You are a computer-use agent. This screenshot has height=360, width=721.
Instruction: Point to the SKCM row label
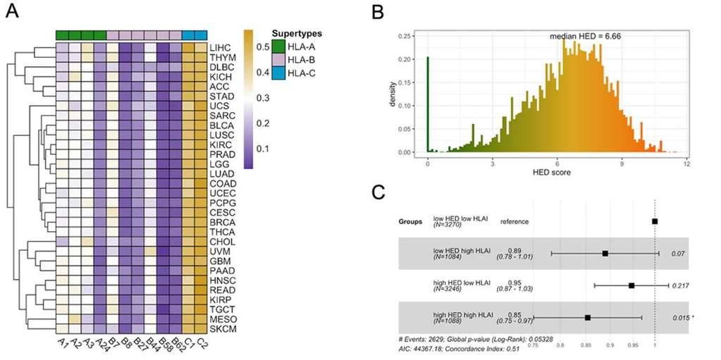[x=222, y=330]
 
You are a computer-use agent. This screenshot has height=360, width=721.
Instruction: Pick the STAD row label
[x=221, y=97]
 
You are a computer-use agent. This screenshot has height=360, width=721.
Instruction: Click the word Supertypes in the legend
[x=299, y=32]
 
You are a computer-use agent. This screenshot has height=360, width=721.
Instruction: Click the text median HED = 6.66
[x=584, y=36]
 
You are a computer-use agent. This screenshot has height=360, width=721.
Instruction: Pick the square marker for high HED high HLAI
[x=588, y=317]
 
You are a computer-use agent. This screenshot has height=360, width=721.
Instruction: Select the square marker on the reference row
[x=655, y=221]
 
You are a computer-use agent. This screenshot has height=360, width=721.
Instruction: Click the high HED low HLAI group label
[x=461, y=283]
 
